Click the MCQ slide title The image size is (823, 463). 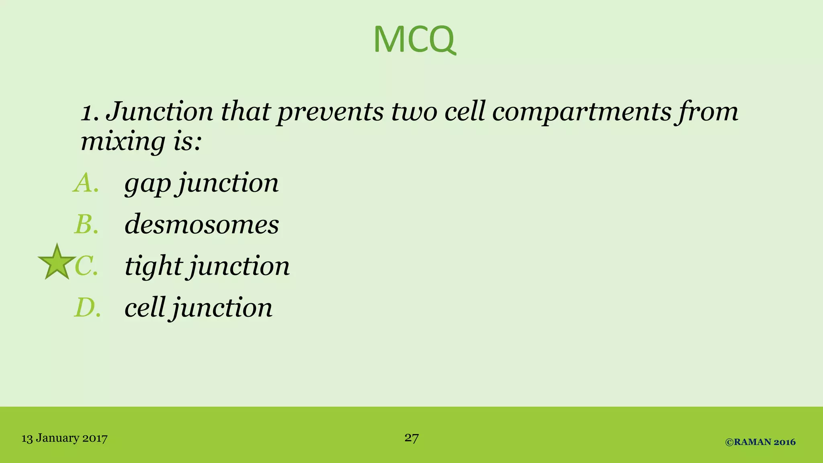coord(414,39)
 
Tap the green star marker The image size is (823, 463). coord(57,263)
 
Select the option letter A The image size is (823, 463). coord(86,183)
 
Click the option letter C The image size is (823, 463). coord(86,266)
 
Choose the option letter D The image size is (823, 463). coord(87,308)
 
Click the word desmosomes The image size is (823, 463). coord(201,224)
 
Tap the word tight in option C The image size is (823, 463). coord(154,266)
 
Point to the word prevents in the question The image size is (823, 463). coord(330,112)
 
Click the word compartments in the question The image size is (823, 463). coord(581,112)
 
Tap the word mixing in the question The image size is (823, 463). coord(123,141)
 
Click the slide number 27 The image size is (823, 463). coord(411,437)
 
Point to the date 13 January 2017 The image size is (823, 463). coord(64,438)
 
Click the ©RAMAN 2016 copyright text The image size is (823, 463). coord(760,442)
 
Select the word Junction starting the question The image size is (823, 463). coord(159,112)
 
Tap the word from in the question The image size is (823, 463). coord(707,112)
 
